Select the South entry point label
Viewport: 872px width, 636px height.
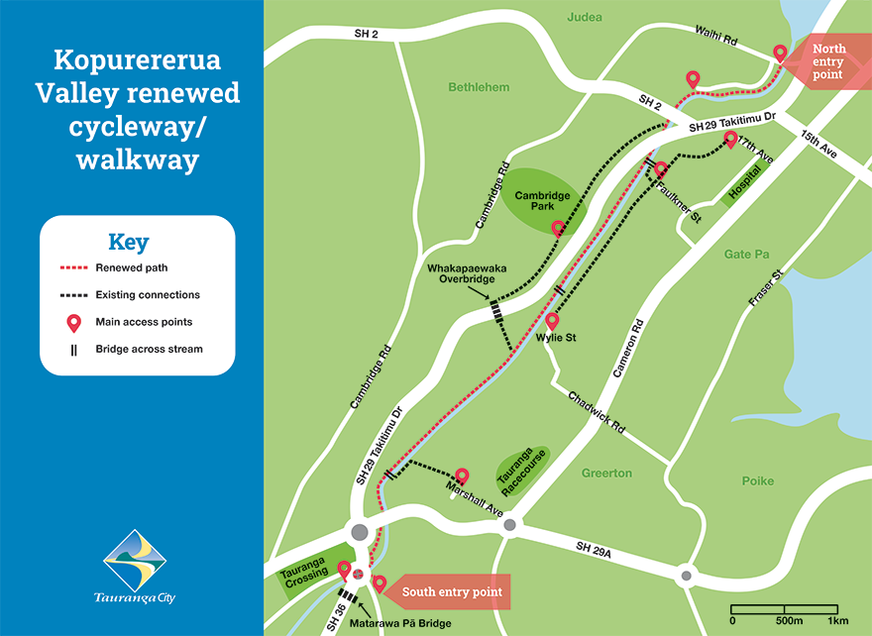(451, 592)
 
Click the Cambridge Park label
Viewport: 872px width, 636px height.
(542, 202)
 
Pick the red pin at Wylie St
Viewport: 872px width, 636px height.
(553, 321)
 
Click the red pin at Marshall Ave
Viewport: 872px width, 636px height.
(461, 477)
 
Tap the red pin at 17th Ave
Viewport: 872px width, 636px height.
(730, 139)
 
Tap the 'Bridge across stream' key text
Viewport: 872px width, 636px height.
(149, 349)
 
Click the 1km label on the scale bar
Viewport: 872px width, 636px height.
(838, 620)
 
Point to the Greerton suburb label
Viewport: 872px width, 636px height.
(606, 474)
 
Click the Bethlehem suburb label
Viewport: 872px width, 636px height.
(479, 87)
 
